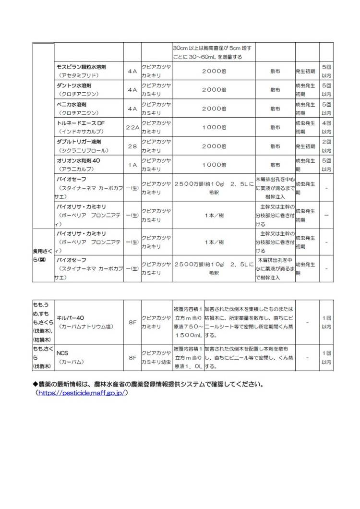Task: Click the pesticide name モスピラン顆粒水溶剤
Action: click(x=82, y=66)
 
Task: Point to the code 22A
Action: click(x=132, y=127)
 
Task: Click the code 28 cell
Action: click(x=132, y=146)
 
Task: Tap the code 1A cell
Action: click(x=132, y=165)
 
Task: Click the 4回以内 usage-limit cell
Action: click(x=326, y=127)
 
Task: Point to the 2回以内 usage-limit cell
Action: click(x=326, y=146)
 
